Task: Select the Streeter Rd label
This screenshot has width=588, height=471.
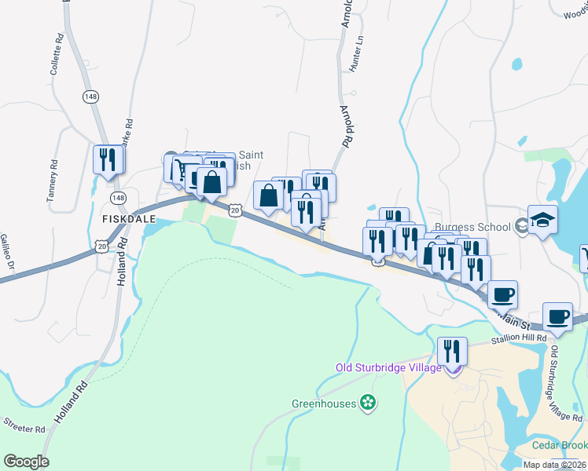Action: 24,429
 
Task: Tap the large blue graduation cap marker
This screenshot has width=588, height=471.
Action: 542,221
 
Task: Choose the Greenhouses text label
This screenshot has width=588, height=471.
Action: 325,404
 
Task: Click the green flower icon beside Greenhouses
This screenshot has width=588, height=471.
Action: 367,403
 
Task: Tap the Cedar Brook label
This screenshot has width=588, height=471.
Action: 560,445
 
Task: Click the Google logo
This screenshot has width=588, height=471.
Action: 26,462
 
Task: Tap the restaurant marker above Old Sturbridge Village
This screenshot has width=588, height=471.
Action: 452,351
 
